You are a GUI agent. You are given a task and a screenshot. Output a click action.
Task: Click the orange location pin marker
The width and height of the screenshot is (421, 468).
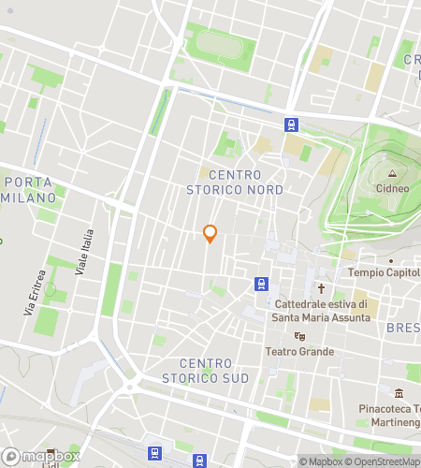(x=210, y=234)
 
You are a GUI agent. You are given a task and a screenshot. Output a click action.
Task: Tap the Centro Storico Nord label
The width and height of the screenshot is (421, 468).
(x=246, y=183)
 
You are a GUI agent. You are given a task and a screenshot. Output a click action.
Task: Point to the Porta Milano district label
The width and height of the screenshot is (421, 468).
(x=29, y=189)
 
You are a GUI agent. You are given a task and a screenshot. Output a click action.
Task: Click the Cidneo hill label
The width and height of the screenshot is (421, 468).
(x=393, y=188)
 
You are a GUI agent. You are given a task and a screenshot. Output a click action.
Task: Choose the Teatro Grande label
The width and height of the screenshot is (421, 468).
(x=300, y=352)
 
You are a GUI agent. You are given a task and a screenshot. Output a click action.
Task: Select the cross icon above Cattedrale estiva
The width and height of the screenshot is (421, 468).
(x=321, y=289)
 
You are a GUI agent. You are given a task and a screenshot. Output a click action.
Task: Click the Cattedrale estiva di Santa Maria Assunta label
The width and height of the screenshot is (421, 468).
(x=321, y=310)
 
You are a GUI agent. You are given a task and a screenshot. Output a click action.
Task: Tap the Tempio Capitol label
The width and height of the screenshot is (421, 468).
(x=384, y=272)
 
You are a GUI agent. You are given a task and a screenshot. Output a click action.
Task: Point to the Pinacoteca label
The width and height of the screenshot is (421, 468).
(x=389, y=409)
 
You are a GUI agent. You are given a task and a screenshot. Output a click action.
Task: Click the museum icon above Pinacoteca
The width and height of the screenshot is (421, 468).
(x=399, y=393)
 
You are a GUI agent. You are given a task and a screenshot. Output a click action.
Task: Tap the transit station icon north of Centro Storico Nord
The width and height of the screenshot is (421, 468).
(x=293, y=124)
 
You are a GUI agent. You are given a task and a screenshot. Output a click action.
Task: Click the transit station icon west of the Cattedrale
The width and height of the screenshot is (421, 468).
(x=260, y=283)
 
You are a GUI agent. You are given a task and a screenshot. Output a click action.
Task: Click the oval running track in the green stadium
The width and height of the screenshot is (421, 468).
(x=221, y=43)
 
